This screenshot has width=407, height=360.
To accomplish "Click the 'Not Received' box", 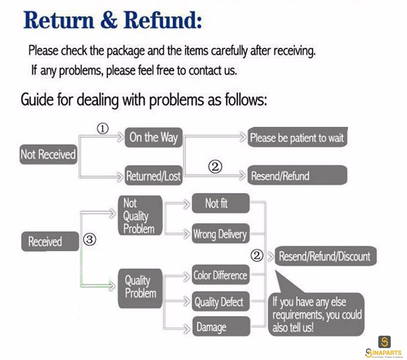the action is pos(48,154).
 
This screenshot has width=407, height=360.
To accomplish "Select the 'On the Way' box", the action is pos(154,138).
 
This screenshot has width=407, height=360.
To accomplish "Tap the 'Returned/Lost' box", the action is pos(154,175).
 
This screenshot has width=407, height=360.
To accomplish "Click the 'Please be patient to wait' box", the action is pos(297,137).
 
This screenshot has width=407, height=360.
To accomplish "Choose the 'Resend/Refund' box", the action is pos(297,175).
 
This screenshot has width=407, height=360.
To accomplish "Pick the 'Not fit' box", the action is pos(221,203).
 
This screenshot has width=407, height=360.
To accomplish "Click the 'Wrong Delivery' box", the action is pos(221,234).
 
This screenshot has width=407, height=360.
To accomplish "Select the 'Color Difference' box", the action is pos(221,275).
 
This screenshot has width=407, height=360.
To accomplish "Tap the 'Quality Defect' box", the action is pos(221,302).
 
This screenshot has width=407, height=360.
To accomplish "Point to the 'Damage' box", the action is pos(221,327).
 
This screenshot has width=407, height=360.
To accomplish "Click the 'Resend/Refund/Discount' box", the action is pos(326,256).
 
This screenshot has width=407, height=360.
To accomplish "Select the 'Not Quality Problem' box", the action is pos(141,216).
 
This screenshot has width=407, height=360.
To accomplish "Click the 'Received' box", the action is pos(50,241).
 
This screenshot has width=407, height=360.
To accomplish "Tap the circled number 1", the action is pos(102,129).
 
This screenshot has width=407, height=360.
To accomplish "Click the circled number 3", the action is pos(90,240).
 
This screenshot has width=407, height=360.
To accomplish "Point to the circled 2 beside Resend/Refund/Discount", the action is pos(257,255).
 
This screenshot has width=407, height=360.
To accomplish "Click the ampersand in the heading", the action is pos(108,21).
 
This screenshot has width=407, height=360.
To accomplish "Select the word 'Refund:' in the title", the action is pos(163,20).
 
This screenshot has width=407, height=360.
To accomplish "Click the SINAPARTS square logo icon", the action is pos(384,342).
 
